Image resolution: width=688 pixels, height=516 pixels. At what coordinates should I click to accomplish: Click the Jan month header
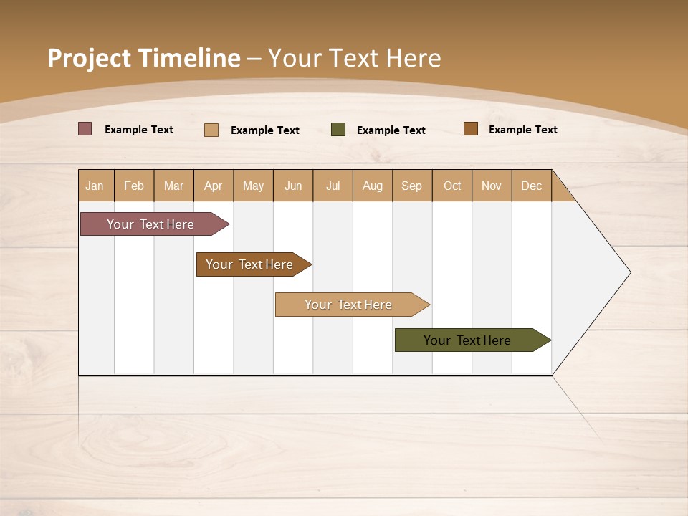pos(95,186)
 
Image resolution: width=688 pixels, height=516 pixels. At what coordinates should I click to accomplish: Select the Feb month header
pos(134,186)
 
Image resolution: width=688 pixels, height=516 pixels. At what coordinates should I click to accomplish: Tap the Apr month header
pos(214,186)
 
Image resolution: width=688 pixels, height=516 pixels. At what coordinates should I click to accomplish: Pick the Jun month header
pos(293,186)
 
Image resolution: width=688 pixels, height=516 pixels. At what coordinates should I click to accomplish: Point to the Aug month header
pos(373,186)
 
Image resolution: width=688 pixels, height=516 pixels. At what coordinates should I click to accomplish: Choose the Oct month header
pos(452,186)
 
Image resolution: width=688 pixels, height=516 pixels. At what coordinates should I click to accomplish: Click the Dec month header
pos(532,186)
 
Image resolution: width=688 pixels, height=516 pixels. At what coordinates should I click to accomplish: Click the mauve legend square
pos(85,129)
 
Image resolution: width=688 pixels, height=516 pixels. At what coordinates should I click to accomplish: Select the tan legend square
pos(211,130)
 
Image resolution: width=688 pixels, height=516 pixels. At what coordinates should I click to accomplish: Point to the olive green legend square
pos(338,130)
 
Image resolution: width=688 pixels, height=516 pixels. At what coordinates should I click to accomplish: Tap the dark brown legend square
pos(471,129)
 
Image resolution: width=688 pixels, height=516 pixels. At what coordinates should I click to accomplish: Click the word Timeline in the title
pos(188,58)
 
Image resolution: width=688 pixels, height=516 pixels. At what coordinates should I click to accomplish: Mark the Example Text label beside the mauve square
pos(139,130)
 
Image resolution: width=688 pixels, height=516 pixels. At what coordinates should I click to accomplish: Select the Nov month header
pos(492,186)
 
